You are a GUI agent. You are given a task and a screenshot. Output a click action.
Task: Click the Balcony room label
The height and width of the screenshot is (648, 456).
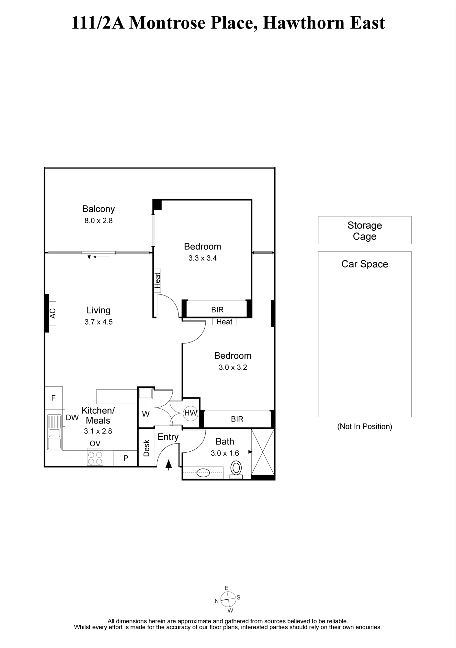(x=98, y=209)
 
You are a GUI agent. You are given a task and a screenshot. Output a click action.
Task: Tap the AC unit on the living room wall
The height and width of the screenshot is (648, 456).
(x=52, y=313)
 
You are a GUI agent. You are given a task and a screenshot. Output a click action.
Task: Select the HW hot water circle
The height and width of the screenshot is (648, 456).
(x=191, y=413)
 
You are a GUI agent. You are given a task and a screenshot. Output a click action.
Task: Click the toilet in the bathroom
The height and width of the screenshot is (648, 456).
(x=236, y=469)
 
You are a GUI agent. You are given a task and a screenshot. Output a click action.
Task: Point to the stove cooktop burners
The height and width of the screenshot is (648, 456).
(x=95, y=458)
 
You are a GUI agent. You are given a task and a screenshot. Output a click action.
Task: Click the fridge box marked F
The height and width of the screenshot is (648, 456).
(x=53, y=398)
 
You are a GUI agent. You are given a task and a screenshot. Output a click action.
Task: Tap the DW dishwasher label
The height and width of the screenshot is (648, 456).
(x=72, y=418)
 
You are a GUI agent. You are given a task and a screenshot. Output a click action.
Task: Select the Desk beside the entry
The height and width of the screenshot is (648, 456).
(x=146, y=448)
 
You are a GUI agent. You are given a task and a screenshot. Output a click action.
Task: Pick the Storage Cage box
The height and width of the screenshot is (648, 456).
(x=365, y=230)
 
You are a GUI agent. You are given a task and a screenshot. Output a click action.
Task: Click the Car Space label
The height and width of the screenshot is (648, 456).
(x=365, y=264)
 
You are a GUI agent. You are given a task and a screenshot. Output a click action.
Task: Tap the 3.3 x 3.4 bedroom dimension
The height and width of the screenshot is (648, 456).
(x=202, y=258)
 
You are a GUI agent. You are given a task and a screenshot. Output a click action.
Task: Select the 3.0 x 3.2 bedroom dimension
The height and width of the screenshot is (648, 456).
(x=233, y=367)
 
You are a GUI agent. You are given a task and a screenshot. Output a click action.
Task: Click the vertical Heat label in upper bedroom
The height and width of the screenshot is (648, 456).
(x=157, y=281)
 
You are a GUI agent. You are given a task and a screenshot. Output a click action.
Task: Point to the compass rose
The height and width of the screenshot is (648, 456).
(x=228, y=600)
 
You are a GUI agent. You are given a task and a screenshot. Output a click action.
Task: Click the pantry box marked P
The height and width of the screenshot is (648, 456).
(x=126, y=458)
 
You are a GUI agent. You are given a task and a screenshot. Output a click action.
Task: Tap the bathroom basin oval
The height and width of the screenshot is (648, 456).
(x=203, y=473)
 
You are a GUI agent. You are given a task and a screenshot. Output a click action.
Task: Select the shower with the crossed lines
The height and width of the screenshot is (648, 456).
(x=263, y=452)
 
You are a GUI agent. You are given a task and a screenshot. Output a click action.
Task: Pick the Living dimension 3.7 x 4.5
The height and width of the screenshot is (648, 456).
(x=98, y=322)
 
